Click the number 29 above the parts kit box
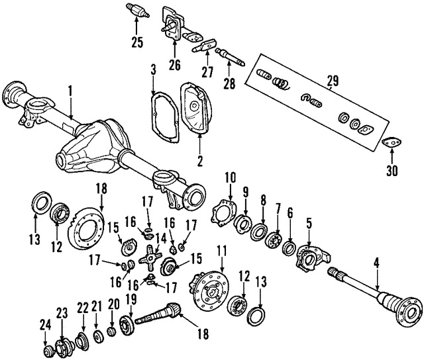pos(333,81)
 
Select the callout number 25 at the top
pos(136,42)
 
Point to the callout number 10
pos(229,177)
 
